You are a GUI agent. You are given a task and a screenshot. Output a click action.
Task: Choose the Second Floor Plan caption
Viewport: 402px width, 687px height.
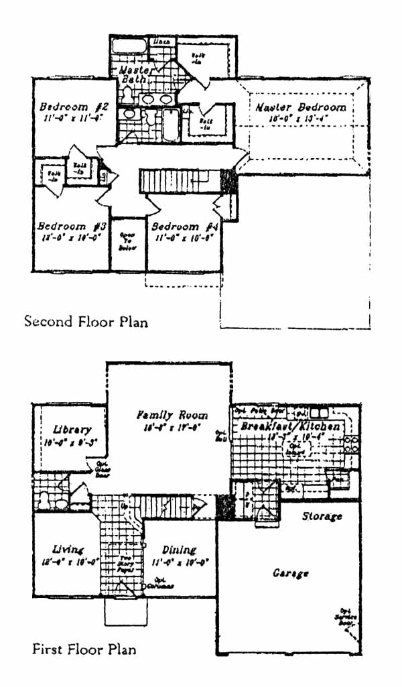click(x=86, y=322)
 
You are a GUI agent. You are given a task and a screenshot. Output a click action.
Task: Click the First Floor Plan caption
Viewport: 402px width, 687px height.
click(x=84, y=649)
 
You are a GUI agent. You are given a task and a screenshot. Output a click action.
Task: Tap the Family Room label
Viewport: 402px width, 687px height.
click(x=172, y=416)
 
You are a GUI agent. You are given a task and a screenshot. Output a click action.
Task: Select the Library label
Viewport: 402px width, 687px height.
click(x=72, y=430)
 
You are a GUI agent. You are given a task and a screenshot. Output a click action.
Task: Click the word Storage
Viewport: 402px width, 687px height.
click(x=322, y=516)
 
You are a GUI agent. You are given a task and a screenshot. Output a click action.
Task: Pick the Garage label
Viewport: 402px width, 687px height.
click(x=290, y=574)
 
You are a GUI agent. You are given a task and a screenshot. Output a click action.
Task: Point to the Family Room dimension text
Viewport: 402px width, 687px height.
click(x=172, y=428)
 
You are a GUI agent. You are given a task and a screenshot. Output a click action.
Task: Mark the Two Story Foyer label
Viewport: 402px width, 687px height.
click(x=125, y=564)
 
